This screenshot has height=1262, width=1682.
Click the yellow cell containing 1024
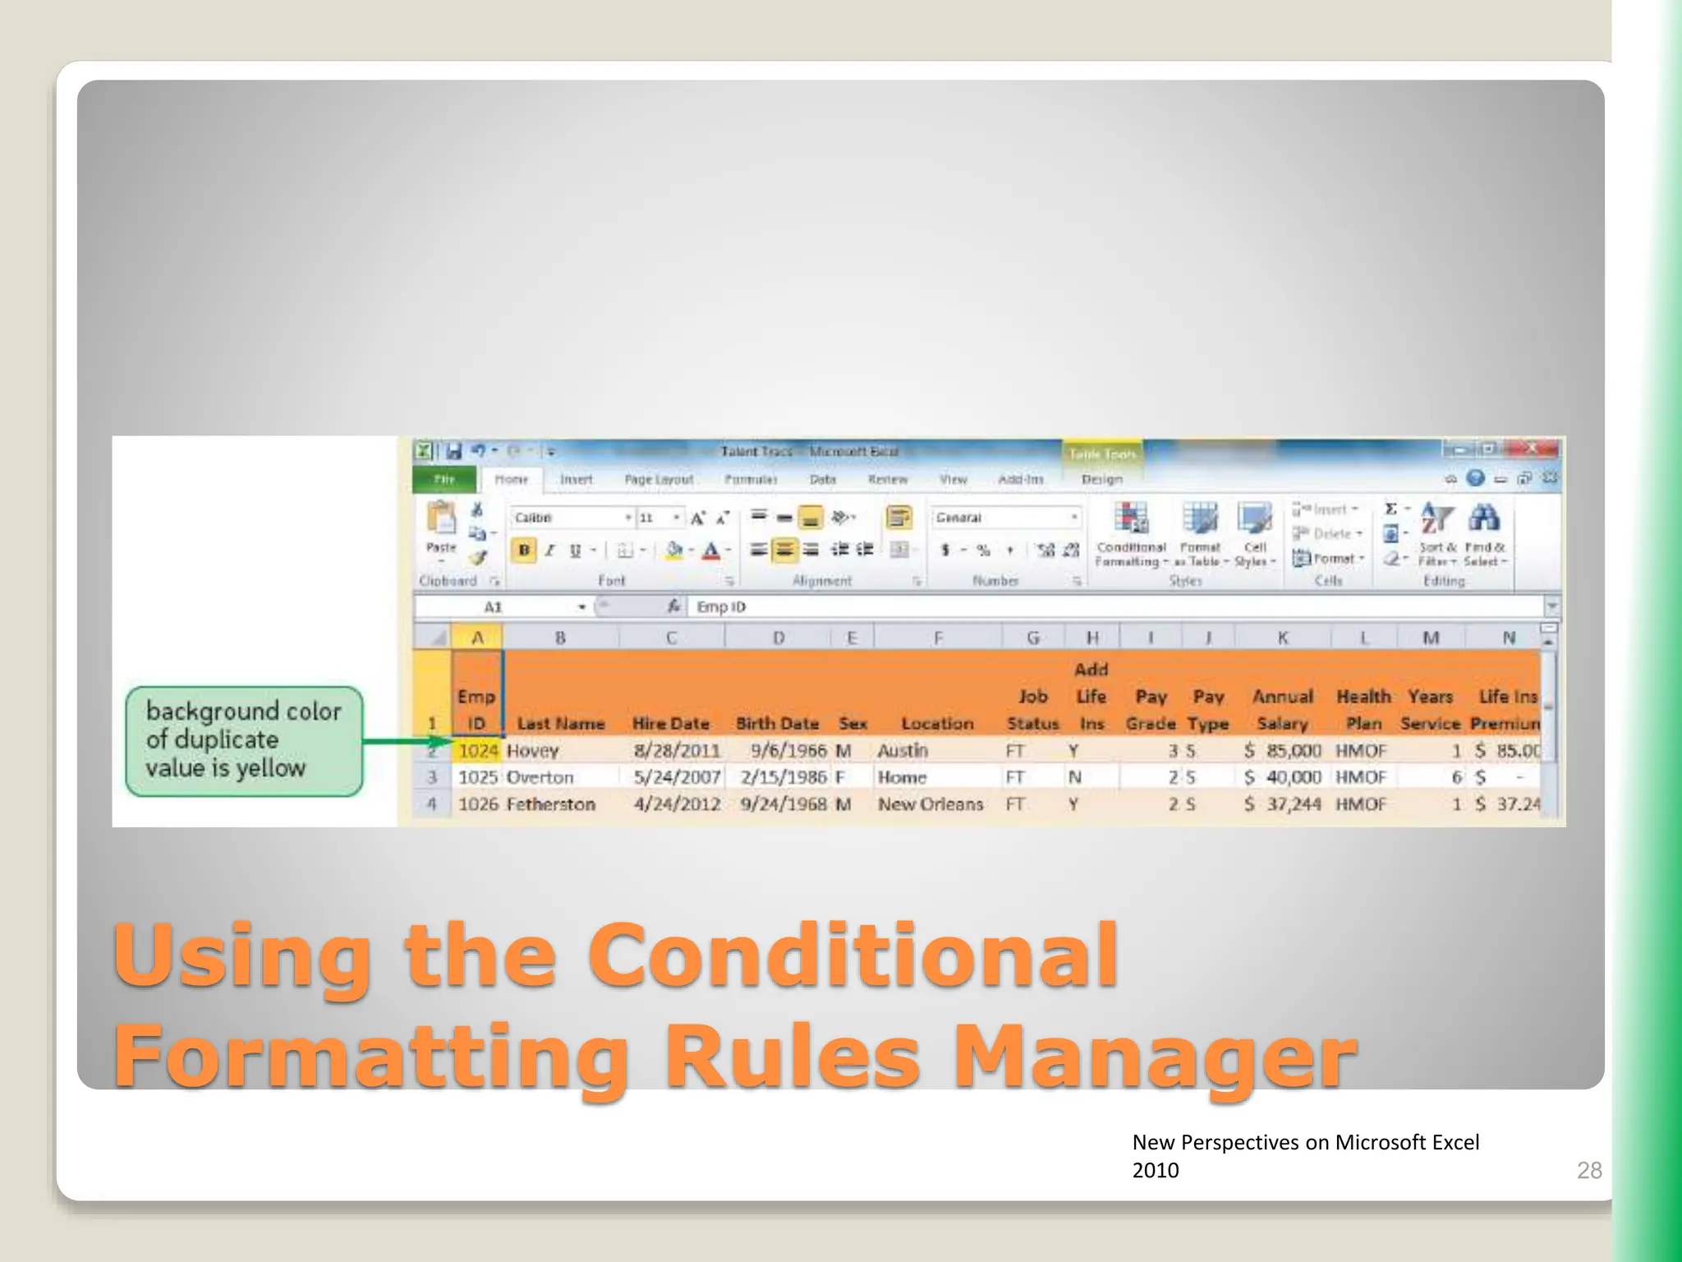[478, 750]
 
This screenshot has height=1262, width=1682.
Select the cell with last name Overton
[540, 777]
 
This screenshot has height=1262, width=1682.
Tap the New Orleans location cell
[930, 804]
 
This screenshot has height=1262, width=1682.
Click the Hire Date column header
[670, 724]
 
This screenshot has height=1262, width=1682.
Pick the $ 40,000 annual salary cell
[1282, 777]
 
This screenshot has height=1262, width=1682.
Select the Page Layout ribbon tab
[659, 479]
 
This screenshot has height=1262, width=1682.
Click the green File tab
[444, 479]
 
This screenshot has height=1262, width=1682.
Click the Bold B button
[524, 550]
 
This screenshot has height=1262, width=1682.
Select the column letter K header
[1282, 638]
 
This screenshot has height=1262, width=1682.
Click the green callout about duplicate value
[243, 740]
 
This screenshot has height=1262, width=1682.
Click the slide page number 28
[1588, 1170]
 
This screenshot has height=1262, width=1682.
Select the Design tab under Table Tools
[1101, 479]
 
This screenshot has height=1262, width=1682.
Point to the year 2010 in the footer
[1155, 1170]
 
